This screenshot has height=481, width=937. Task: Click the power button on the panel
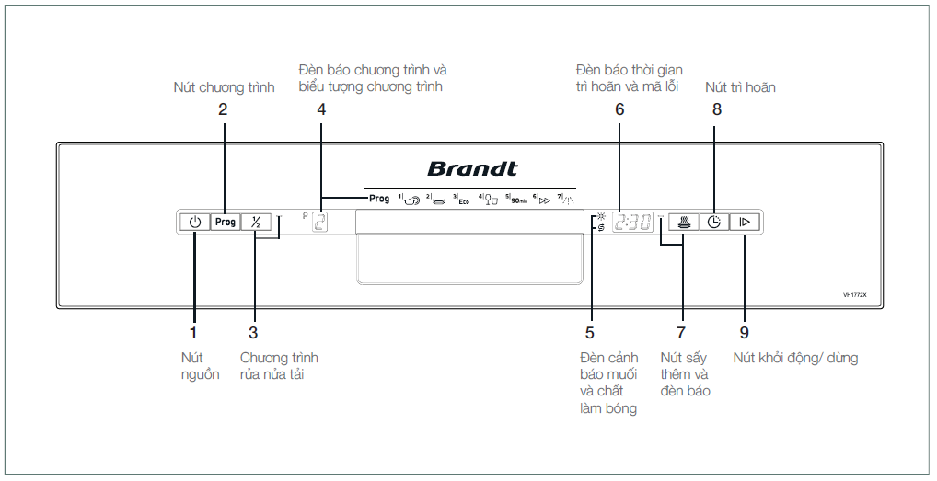click(194, 222)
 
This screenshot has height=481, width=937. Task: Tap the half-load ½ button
click(256, 222)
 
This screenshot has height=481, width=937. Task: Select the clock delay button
click(714, 222)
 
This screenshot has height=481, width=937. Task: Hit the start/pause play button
click(746, 222)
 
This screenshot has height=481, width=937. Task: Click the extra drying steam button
click(683, 222)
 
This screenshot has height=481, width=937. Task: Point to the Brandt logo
click(472, 169)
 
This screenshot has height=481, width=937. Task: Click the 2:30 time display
click(634, 222)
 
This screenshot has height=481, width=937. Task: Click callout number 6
click(619, 109)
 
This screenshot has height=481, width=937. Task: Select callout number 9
click(745, 332)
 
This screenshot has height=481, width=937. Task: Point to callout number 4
click(321, 109)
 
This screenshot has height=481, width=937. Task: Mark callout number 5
click(590, 332)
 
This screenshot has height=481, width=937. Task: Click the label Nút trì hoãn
click(740, 87)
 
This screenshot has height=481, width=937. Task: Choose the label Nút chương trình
click(225, 87)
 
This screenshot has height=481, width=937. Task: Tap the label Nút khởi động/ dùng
click(795, 358)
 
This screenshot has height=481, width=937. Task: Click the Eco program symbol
click(462, 199)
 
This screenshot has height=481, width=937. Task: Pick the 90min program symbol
click(517, 199)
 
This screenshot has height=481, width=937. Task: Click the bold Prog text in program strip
click(379, 199)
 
